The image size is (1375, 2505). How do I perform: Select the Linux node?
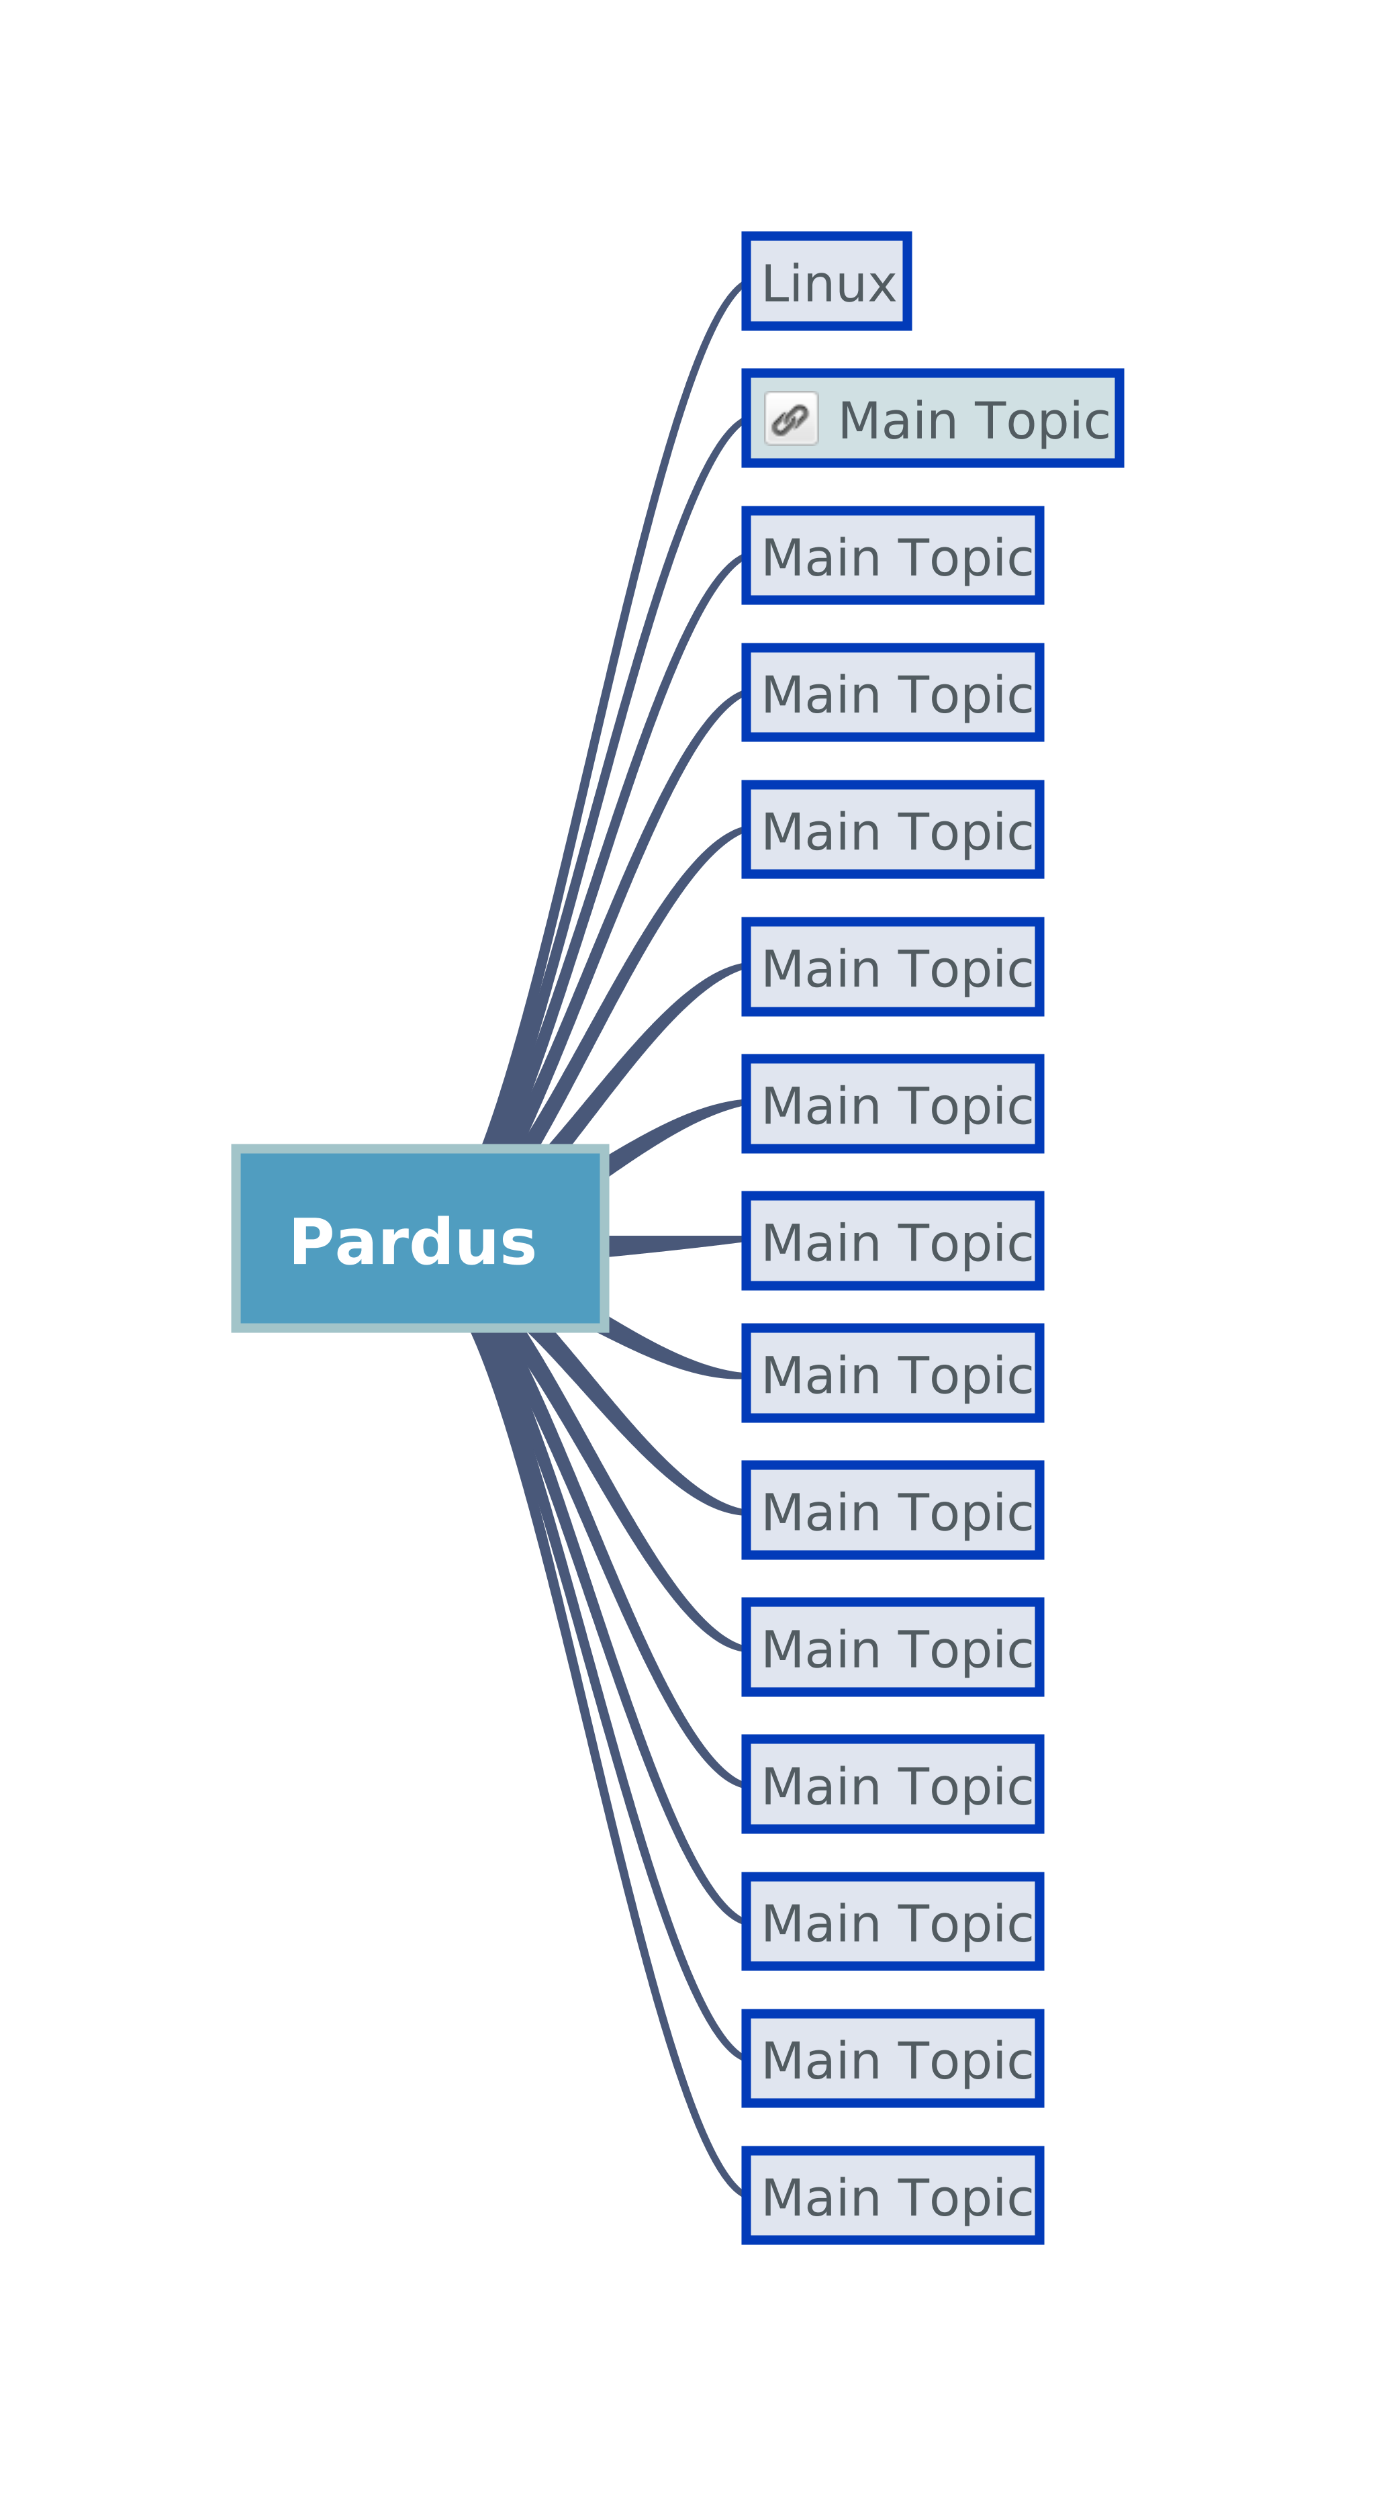click(826, 282)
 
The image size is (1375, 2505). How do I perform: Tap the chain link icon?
click(791, 419)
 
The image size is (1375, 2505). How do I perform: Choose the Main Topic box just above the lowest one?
click(893, 2058)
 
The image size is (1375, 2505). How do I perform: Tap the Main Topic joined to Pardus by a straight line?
click(893, 1241)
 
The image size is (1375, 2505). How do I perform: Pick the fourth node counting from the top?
click(893, 692)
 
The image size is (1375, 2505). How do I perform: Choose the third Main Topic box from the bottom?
click(893, 1921)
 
